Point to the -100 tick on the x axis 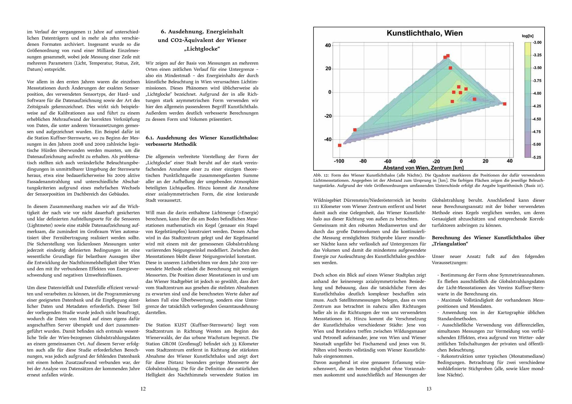click(339, 161)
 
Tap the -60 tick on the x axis click(388, 161)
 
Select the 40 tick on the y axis click(328, 45)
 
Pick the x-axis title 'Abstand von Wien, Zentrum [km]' click(423, 168)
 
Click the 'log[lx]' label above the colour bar click(528, 36)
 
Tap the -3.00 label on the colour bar click(537, 42)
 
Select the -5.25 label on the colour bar click(537, 157)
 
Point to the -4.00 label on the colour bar click(537, 93)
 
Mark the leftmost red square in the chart click(340, 145)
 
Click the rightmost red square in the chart click(505, 104)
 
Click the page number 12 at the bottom click(143, 389)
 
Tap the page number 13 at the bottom click(429, 389)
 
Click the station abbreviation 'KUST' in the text click(180, 325)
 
